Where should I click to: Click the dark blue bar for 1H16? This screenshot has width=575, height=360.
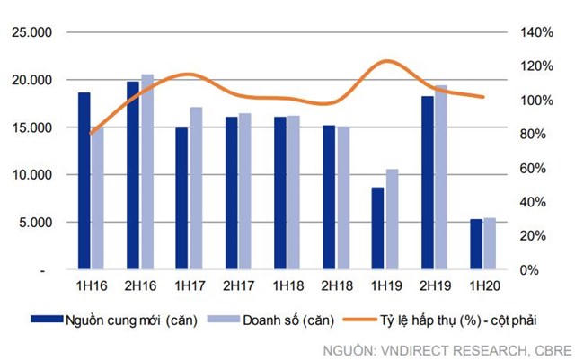pos(84,180)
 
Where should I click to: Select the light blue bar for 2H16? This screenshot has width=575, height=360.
pos(147,171)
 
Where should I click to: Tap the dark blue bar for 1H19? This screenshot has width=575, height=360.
pos(377,228)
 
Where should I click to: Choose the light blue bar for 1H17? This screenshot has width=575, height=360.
pos(196,189)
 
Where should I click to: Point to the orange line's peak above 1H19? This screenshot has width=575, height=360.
pos(385,61)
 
